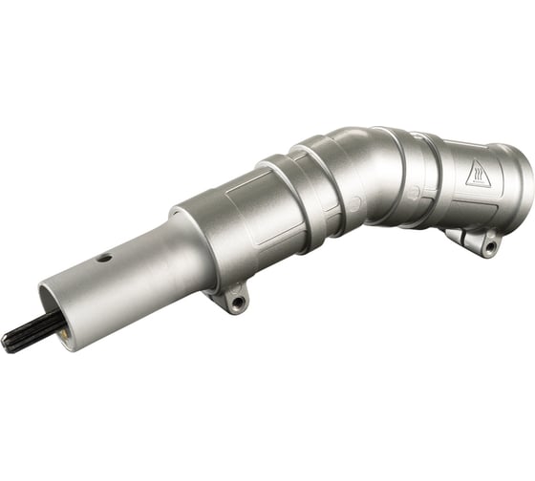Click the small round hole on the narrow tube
pos(103,257)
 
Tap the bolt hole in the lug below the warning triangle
pos(489,246)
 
